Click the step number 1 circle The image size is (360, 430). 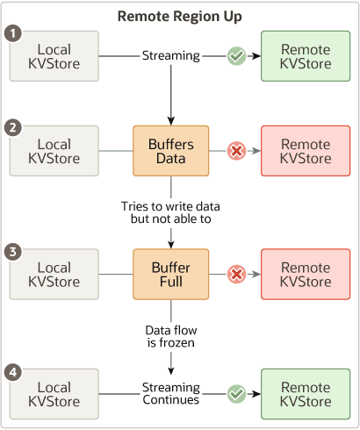click(x=12, y=33)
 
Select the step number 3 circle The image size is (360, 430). click(x=12, y=251)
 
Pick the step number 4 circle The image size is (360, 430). click(x=12, y=372)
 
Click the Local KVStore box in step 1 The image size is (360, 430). click(x=54, y=56)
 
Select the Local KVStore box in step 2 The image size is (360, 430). click(x=54, y=151)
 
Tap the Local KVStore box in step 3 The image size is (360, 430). click(x=54, y=274)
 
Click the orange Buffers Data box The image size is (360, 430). click(x=169, y=151)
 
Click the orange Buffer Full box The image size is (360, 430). click(x=169, y=274)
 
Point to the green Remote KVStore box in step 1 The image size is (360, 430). click(x=306, y=56)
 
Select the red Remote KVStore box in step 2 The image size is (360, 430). click(x=306, y=151)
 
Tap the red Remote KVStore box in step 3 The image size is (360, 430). click(x=306, y=274)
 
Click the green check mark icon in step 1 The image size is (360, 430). click(x=236, y=56)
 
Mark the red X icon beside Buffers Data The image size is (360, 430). click(x=236, y=151)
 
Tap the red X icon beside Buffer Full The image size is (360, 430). click(x=236, y=274)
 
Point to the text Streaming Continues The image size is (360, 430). click(x=169, y=394)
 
